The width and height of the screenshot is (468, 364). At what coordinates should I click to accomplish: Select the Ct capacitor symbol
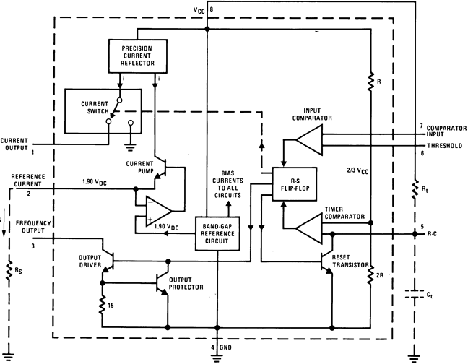pos(414,295)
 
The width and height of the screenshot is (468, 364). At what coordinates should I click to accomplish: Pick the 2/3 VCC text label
pos(358,170)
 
